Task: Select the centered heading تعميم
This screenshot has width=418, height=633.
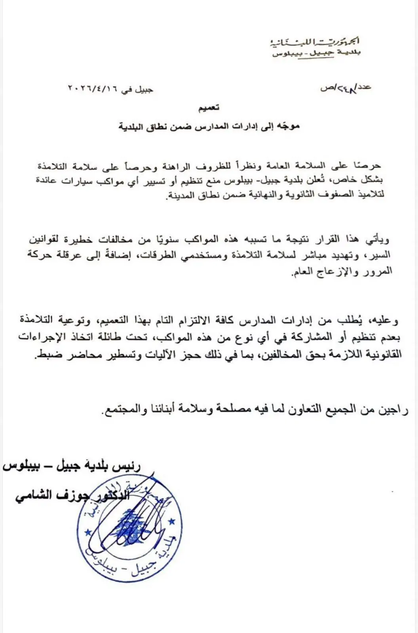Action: click(x=209, y=108)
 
